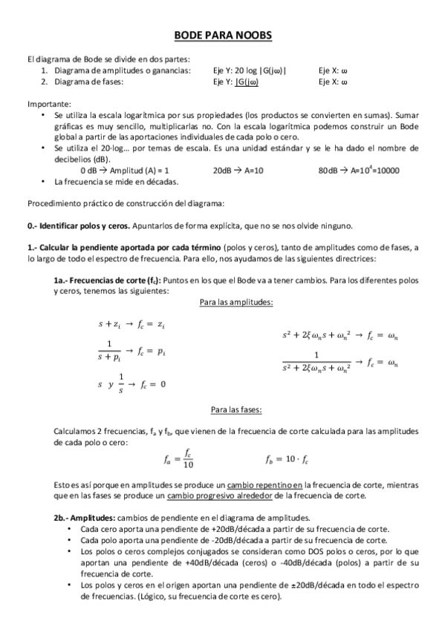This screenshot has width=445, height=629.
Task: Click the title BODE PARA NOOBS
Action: pos(222,36)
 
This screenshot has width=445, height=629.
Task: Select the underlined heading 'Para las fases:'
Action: pos(236,409)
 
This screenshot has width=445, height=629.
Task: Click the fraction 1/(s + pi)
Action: pos(109,352)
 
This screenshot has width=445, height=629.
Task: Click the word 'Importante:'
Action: pos(49,104)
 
